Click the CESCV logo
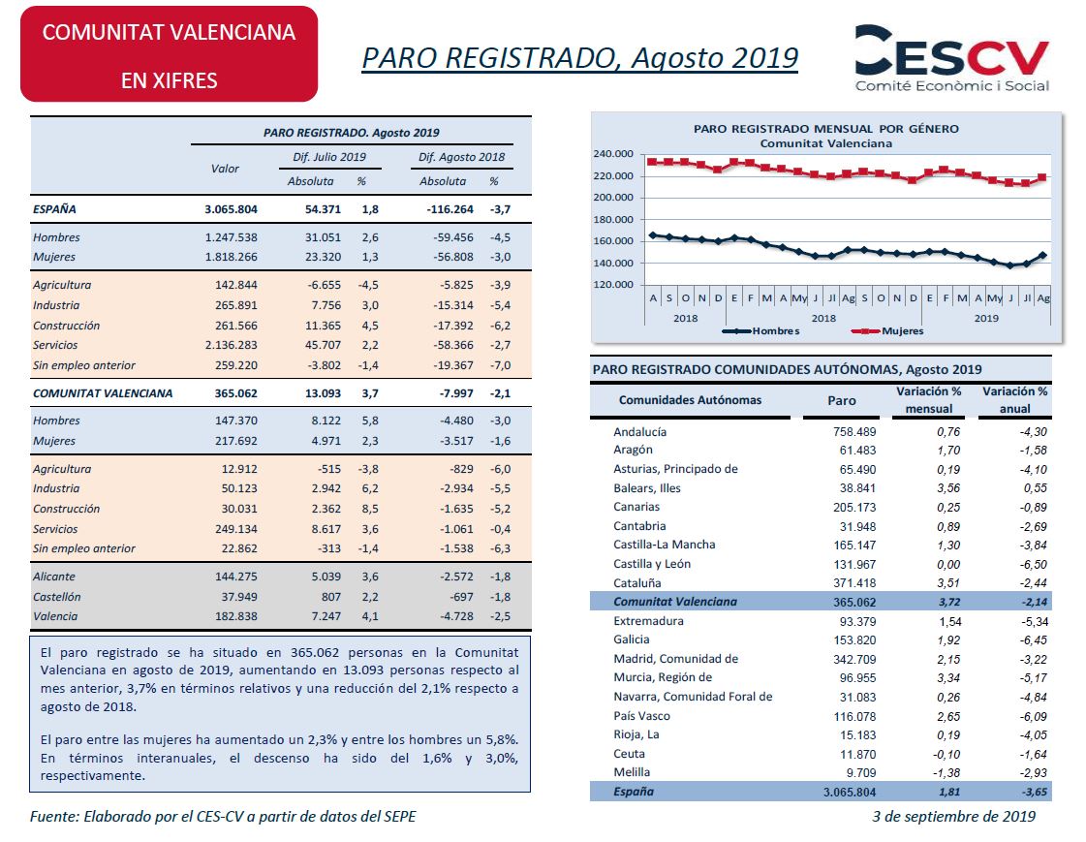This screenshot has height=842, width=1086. point(951,58)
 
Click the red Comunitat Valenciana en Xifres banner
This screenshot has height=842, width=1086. point(169,54)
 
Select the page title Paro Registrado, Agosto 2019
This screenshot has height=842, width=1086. point(579,58)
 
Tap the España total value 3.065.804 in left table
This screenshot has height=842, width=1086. point(231,209)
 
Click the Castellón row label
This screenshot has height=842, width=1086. point(57,596)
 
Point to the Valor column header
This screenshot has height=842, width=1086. point(225,169)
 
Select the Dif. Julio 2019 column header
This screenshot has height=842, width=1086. point(329,157)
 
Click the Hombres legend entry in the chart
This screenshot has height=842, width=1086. point(760,331)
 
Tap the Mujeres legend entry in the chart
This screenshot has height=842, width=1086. point(887,331)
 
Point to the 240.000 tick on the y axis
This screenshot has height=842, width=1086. point(613,154)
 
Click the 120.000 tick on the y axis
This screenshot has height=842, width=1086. point(613,285)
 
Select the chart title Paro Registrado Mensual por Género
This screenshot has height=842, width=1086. point(826,129)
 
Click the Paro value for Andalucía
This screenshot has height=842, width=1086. point(854,431)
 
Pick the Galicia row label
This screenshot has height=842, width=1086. point(632,639)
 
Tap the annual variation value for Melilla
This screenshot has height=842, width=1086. point(1033,773)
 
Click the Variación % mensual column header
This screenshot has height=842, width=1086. point(929,400)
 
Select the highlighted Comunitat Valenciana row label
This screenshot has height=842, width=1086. point(675,602)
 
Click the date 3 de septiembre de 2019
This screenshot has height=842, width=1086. point(953,817)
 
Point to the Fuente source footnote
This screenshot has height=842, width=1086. point(223,817)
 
